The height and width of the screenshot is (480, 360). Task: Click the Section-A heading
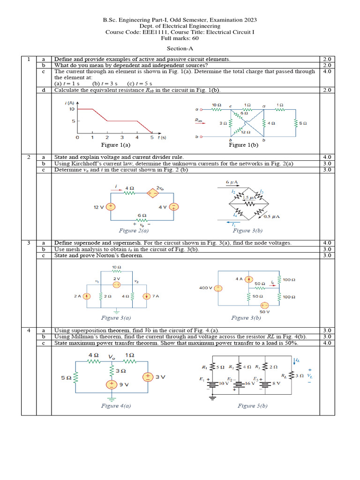click(180, 48)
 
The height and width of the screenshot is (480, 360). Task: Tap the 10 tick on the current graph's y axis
click(72, 109)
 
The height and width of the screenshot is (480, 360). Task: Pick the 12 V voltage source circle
click(111, 206)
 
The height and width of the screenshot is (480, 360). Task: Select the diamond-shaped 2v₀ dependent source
click(153, 193)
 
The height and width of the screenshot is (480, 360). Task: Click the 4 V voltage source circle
click(173, 207)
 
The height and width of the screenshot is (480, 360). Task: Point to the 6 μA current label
click(233, 181)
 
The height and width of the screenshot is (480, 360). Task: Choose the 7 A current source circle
click(147, 296)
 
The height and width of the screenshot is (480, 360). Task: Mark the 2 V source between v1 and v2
click(117, 284)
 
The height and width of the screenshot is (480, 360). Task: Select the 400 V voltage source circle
click(218, 288)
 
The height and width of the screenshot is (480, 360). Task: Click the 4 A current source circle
click(248, 279)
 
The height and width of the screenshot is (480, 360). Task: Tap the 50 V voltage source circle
click(264, 305)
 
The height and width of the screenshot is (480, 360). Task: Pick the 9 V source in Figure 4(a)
click(112, 384)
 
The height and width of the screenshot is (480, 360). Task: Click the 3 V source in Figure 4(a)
click(147, 376)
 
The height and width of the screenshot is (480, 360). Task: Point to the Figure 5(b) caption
click(253, 405)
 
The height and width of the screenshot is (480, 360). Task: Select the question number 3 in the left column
click(29, 243)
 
